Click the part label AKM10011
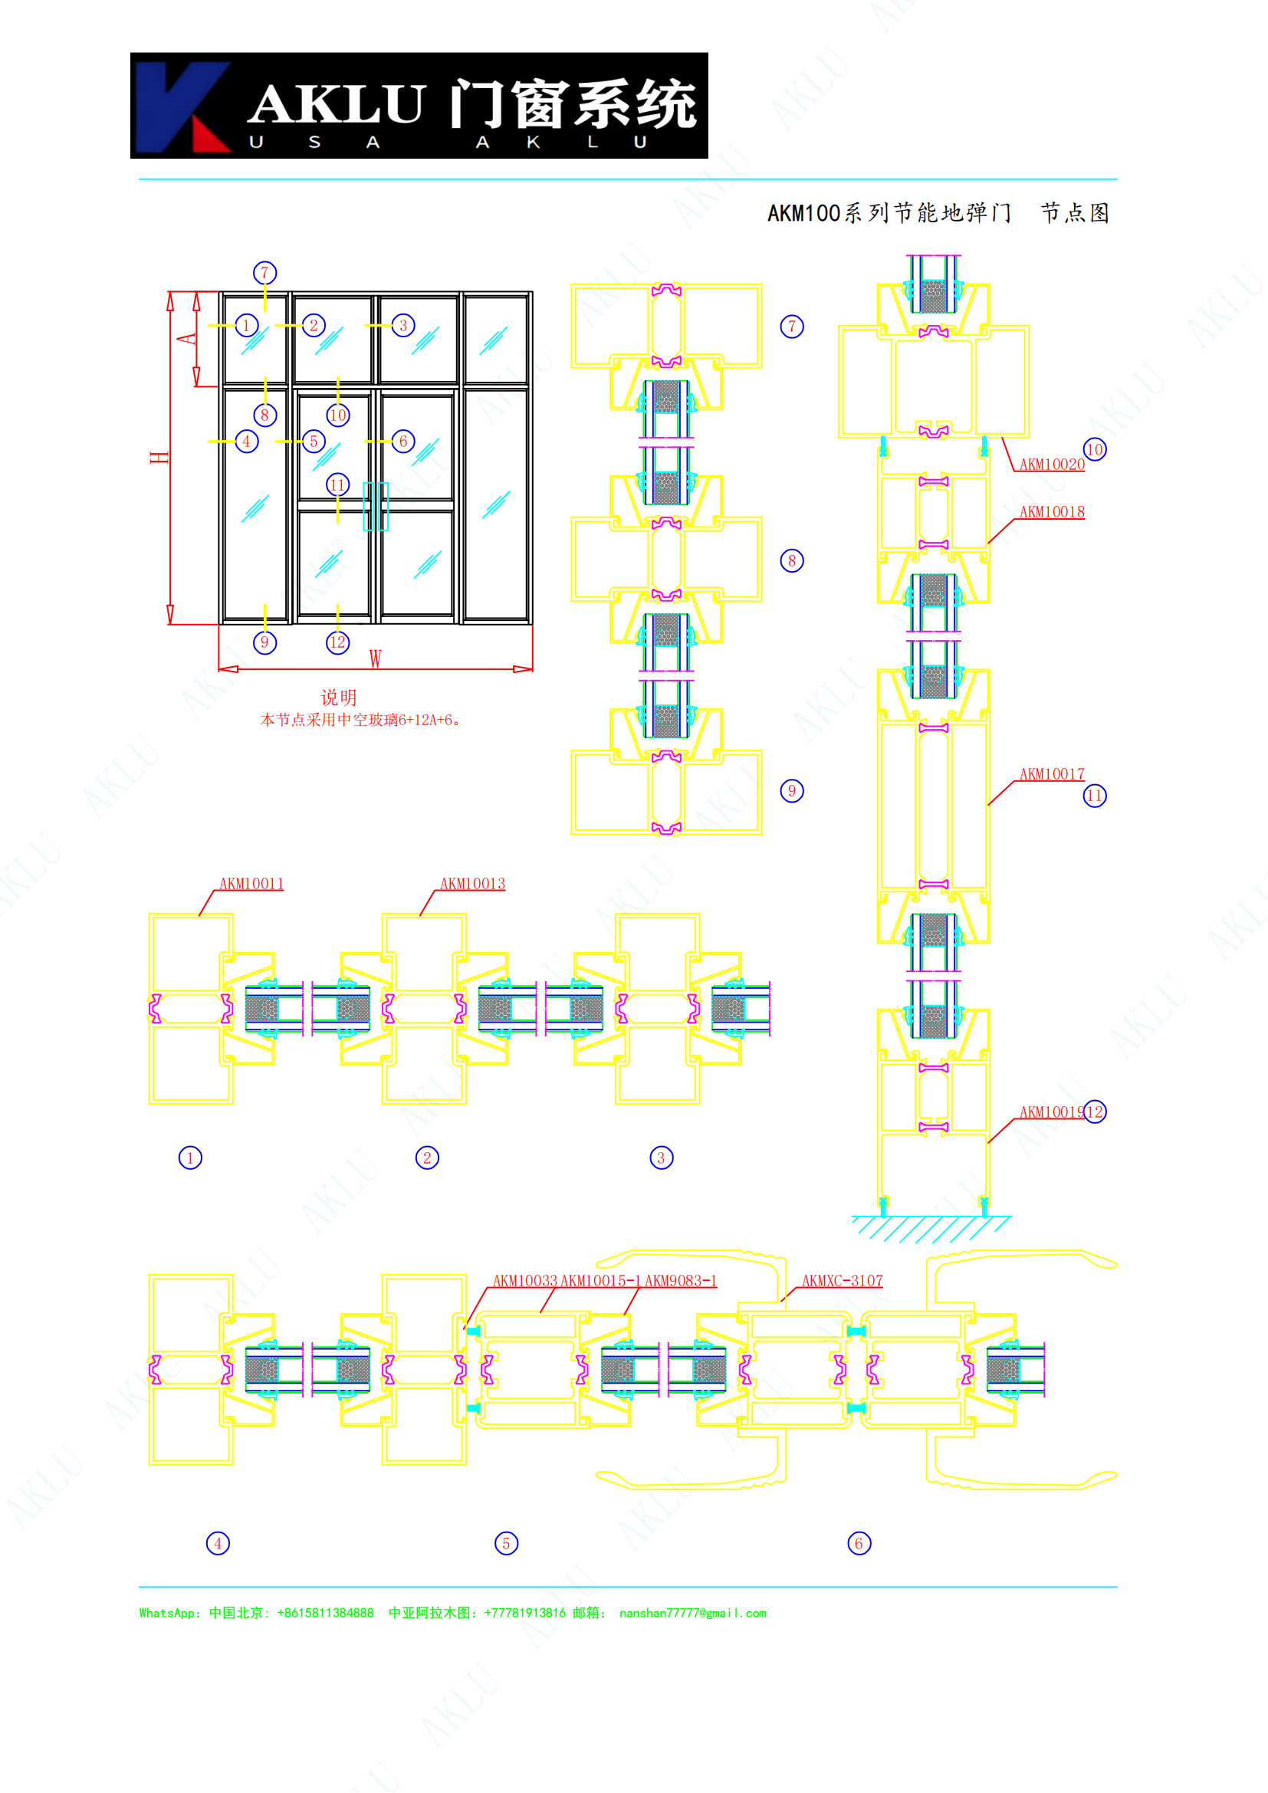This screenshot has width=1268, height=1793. [x=251, y=883]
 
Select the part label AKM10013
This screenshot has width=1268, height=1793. [x=472, y=883]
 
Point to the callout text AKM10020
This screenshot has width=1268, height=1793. [x=1052, y=464]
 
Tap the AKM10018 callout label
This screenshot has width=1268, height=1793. [x=1052, y=511]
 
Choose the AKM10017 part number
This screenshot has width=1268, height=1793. [x=1052, y=774]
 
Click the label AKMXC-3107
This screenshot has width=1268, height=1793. [x=843, y=1281]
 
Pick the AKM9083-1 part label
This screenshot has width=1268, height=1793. [x=680, y=1281]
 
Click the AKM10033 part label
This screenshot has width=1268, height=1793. [x=525, y=1281]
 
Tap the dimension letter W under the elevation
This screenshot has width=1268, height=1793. [x=376, y=658]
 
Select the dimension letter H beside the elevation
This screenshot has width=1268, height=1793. [x=159, y=457]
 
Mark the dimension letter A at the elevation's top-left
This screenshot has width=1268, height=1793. [x=186, y=338]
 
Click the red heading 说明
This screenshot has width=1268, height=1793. [x=339, y=698]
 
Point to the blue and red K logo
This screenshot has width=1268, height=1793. [x=182, y=107]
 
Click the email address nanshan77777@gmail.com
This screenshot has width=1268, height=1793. [x=692, y=1614]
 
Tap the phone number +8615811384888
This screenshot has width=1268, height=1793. [x=325, y=1614]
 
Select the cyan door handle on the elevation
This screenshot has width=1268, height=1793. [x=376, y=506]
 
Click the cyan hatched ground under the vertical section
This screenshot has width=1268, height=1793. [x=931, y=1228]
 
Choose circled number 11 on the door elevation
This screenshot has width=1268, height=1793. [x=337, y=485]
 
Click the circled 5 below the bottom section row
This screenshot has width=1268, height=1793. [x=506, y=1543]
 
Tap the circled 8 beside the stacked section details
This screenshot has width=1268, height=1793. [x=792, y=560]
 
